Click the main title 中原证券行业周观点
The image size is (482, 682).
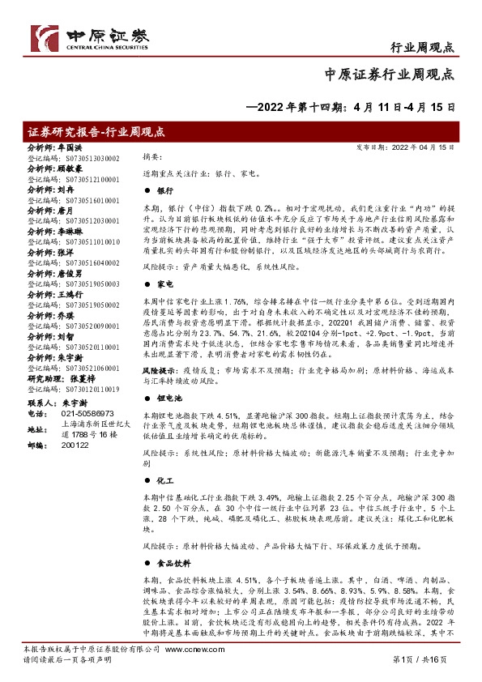coord(389,74)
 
